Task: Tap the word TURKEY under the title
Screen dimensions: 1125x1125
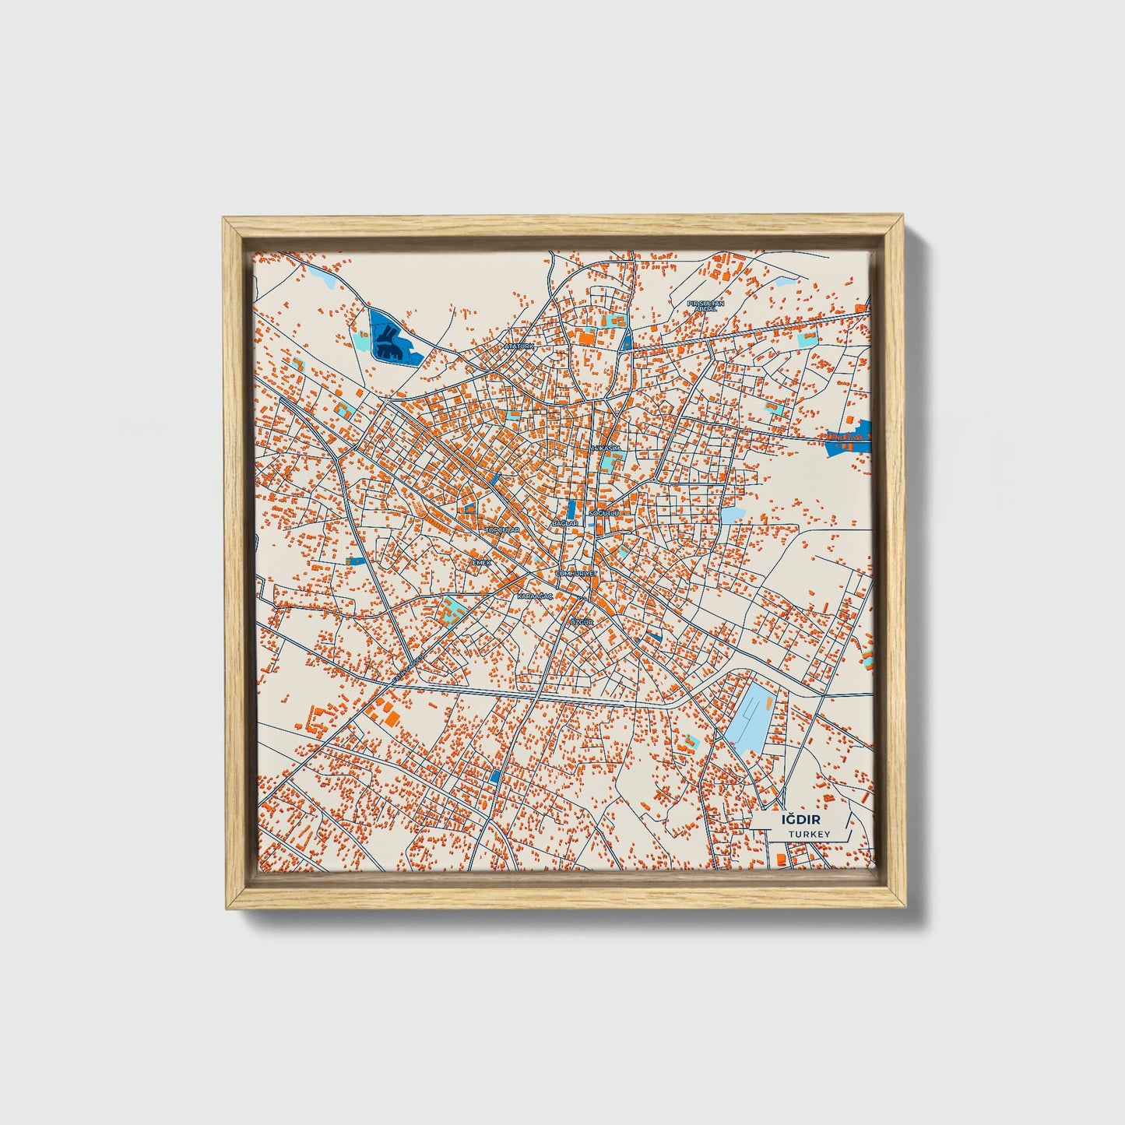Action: (x=809, y=834)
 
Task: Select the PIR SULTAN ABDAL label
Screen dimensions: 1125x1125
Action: (x=705, y=305)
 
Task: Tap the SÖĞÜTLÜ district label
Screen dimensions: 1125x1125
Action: (x=603, y=514)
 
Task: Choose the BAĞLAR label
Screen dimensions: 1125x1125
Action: (x=564, y=523)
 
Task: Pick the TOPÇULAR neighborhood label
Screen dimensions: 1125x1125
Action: (x=502, y=529)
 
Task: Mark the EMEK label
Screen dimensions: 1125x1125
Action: (x=483, y=561)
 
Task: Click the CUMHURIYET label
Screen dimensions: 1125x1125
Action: (x=576, y=573)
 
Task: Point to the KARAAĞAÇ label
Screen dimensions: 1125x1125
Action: (x=535, y=596)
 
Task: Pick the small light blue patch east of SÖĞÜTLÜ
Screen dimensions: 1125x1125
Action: (x=731, y=515)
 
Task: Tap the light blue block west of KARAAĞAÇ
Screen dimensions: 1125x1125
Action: (x=452, y=610)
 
